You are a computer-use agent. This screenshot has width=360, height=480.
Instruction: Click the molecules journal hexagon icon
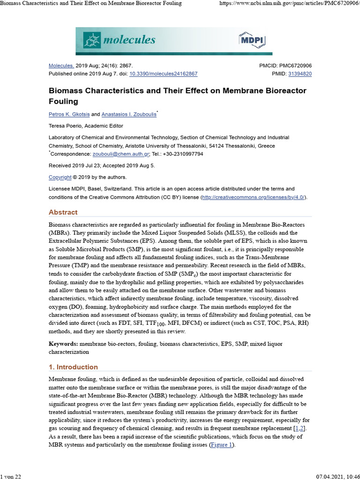point(92,40)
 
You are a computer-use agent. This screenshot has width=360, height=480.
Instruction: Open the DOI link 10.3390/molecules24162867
point(163,74)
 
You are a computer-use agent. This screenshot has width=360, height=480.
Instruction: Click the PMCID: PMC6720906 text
point(285,66)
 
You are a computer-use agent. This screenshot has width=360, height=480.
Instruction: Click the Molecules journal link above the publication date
point(61,66)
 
